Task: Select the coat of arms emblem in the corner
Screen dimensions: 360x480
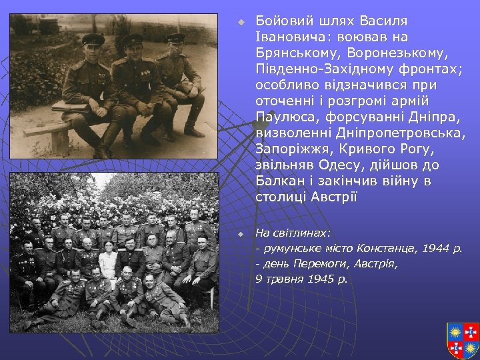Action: [462, 339]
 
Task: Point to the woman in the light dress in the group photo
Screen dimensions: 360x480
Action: [108, 260]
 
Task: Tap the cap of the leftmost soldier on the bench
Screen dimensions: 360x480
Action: [93, 39]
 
